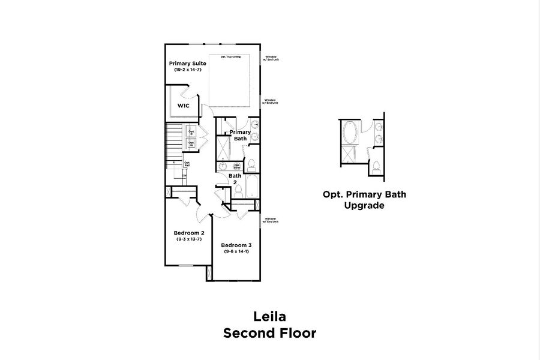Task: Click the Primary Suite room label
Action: tap(188, 63)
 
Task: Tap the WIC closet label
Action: tap(183, 106)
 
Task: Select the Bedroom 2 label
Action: tap(189, 233)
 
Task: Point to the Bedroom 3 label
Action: tap(236, 245)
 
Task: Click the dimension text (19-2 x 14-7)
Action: tap(188, 70)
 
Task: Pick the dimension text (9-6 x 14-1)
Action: tap(236, 252)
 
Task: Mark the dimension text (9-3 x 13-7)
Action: tap(189, 239)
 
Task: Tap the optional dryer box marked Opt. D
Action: tap(191, 132)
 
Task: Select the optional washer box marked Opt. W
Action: tap(191, 144)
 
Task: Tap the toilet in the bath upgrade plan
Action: tap(376, 167)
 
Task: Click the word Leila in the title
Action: tap(269, 316)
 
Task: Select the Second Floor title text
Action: tap(269, 333)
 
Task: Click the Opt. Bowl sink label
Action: tap(237, 166)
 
